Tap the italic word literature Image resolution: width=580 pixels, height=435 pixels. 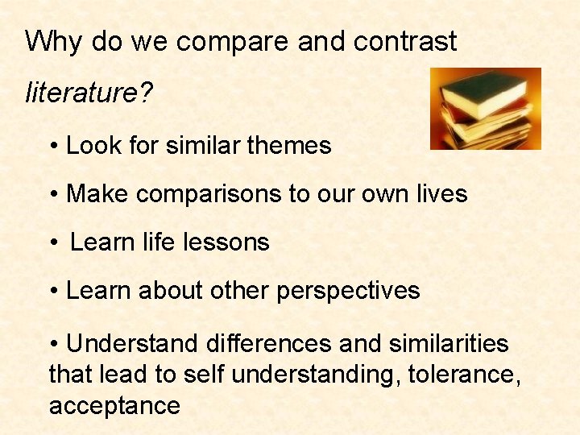pos(81,93)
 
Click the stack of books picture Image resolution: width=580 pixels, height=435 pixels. pos(485,109)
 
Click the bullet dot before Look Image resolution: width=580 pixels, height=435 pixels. pos(53,147)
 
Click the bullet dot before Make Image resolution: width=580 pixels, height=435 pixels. pos(53,195)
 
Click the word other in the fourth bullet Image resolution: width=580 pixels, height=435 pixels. pos(239,291)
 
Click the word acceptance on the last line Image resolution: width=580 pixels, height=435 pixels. pos(114,405)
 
